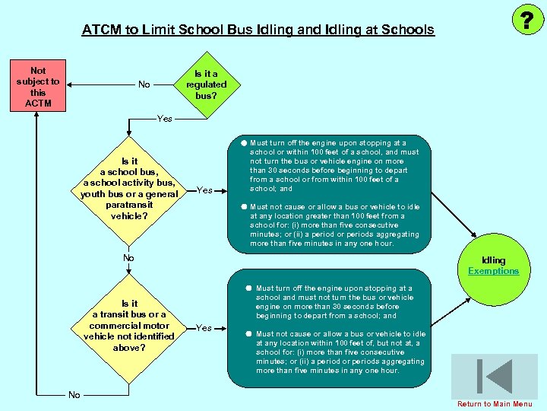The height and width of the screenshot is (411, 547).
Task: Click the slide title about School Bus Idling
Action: pyautogui.click(x=258, y=30)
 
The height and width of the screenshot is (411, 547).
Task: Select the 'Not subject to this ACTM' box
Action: pyautogui.click(x=38, y=87)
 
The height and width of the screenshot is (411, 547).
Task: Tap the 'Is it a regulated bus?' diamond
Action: pyautogui.click(x=206, y=84)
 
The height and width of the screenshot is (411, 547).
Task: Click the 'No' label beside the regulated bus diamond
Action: pyautogui.click(x=144, y=84)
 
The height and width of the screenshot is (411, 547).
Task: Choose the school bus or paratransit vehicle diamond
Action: pyautogui.click(x=129, y=189)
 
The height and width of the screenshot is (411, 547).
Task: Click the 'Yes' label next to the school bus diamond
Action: pyautogui.click(x=204, y=190)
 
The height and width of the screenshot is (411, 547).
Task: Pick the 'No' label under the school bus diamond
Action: pyautogui.click(x=128, y=258)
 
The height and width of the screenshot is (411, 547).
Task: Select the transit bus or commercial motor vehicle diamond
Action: pyautogui.click(x=129, y=326)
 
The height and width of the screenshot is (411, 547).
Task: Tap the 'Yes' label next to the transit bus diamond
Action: pyautogui.click(x=204, y=328)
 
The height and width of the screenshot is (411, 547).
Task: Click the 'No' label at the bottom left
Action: pyautogui.click(x=74, y=394)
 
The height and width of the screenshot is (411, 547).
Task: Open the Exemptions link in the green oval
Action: pyautogui.click(x=493, y=271)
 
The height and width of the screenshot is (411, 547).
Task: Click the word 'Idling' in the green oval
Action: pyautogui.click(x=493, y=260)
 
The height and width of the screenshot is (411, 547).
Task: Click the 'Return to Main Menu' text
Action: pyautogui.click(x=495, y=403)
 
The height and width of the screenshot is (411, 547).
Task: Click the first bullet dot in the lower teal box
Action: pyautogui.click(x=248, y=288)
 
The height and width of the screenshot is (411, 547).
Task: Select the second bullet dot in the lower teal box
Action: pyautogui.click(x=248, y=334)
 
